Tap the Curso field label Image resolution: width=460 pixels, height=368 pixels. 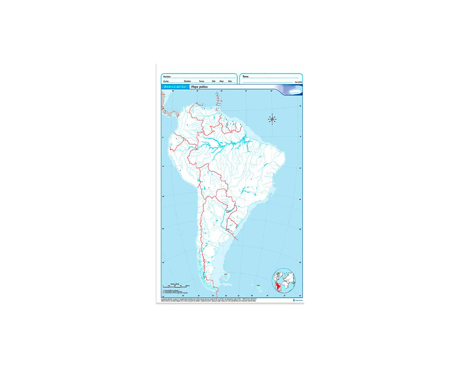pyautogui.click(x=166, y=81)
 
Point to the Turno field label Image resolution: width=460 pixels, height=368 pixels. pyautogui.click(x=201, y=81)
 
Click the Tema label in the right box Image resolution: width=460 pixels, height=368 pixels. pyautogui.click(x=246, y=76)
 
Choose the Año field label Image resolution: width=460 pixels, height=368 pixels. pyautogui.click(x=230, y=81)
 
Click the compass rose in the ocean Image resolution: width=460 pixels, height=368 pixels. pyautogui.click(x=272, y=119)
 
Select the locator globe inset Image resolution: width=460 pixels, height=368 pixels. pyautogui.click(x=285, y=280)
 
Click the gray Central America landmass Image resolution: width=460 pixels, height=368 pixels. pyautogui.click(x=168, y=110)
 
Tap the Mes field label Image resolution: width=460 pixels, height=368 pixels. pyautogui.click(x=222, y=81)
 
